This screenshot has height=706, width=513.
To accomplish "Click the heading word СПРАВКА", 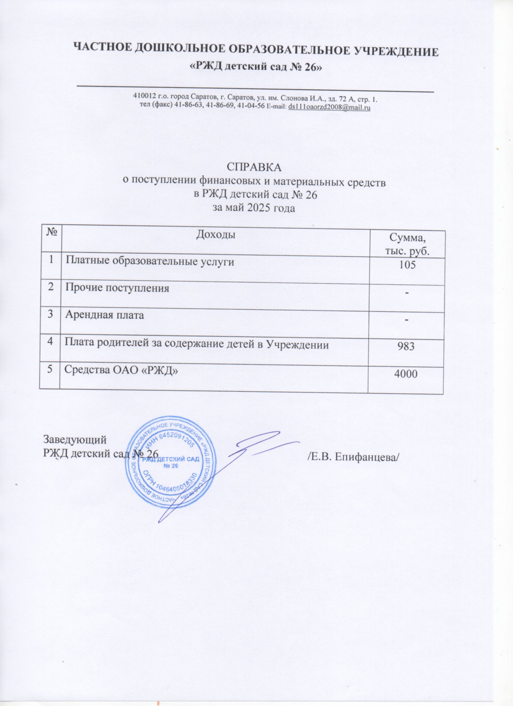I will (254, 167).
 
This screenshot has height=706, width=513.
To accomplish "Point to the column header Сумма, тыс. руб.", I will (407, 245).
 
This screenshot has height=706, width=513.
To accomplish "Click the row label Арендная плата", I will (105, 315).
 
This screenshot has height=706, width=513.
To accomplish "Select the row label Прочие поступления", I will (117, 288).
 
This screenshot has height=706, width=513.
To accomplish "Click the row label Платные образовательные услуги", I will (150, 262).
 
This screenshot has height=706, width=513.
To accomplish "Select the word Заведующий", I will (75, 439).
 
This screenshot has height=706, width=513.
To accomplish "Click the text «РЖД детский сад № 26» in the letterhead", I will (256, 68).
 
